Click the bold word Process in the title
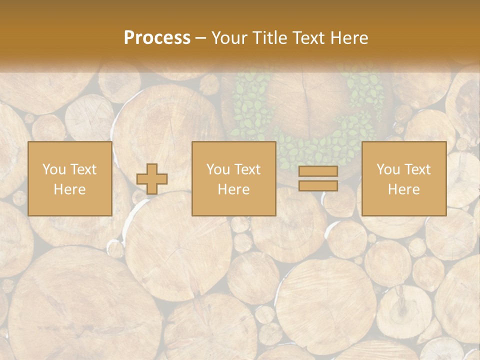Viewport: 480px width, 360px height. click(157, 38)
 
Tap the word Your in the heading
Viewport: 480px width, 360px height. click(228, 38)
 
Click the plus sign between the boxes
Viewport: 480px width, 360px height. click(152, 178)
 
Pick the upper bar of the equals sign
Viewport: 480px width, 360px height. click(318, 171)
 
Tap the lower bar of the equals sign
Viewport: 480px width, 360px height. click(318, 185)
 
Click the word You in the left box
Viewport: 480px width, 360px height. click(53, 169)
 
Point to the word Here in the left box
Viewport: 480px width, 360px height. click(69, 189)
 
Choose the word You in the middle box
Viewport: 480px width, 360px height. click(218, 169)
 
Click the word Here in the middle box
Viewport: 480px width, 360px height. click(234, 189)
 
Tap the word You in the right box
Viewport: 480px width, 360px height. click(388, 169)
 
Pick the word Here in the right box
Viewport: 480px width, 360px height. click(404, 189)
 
